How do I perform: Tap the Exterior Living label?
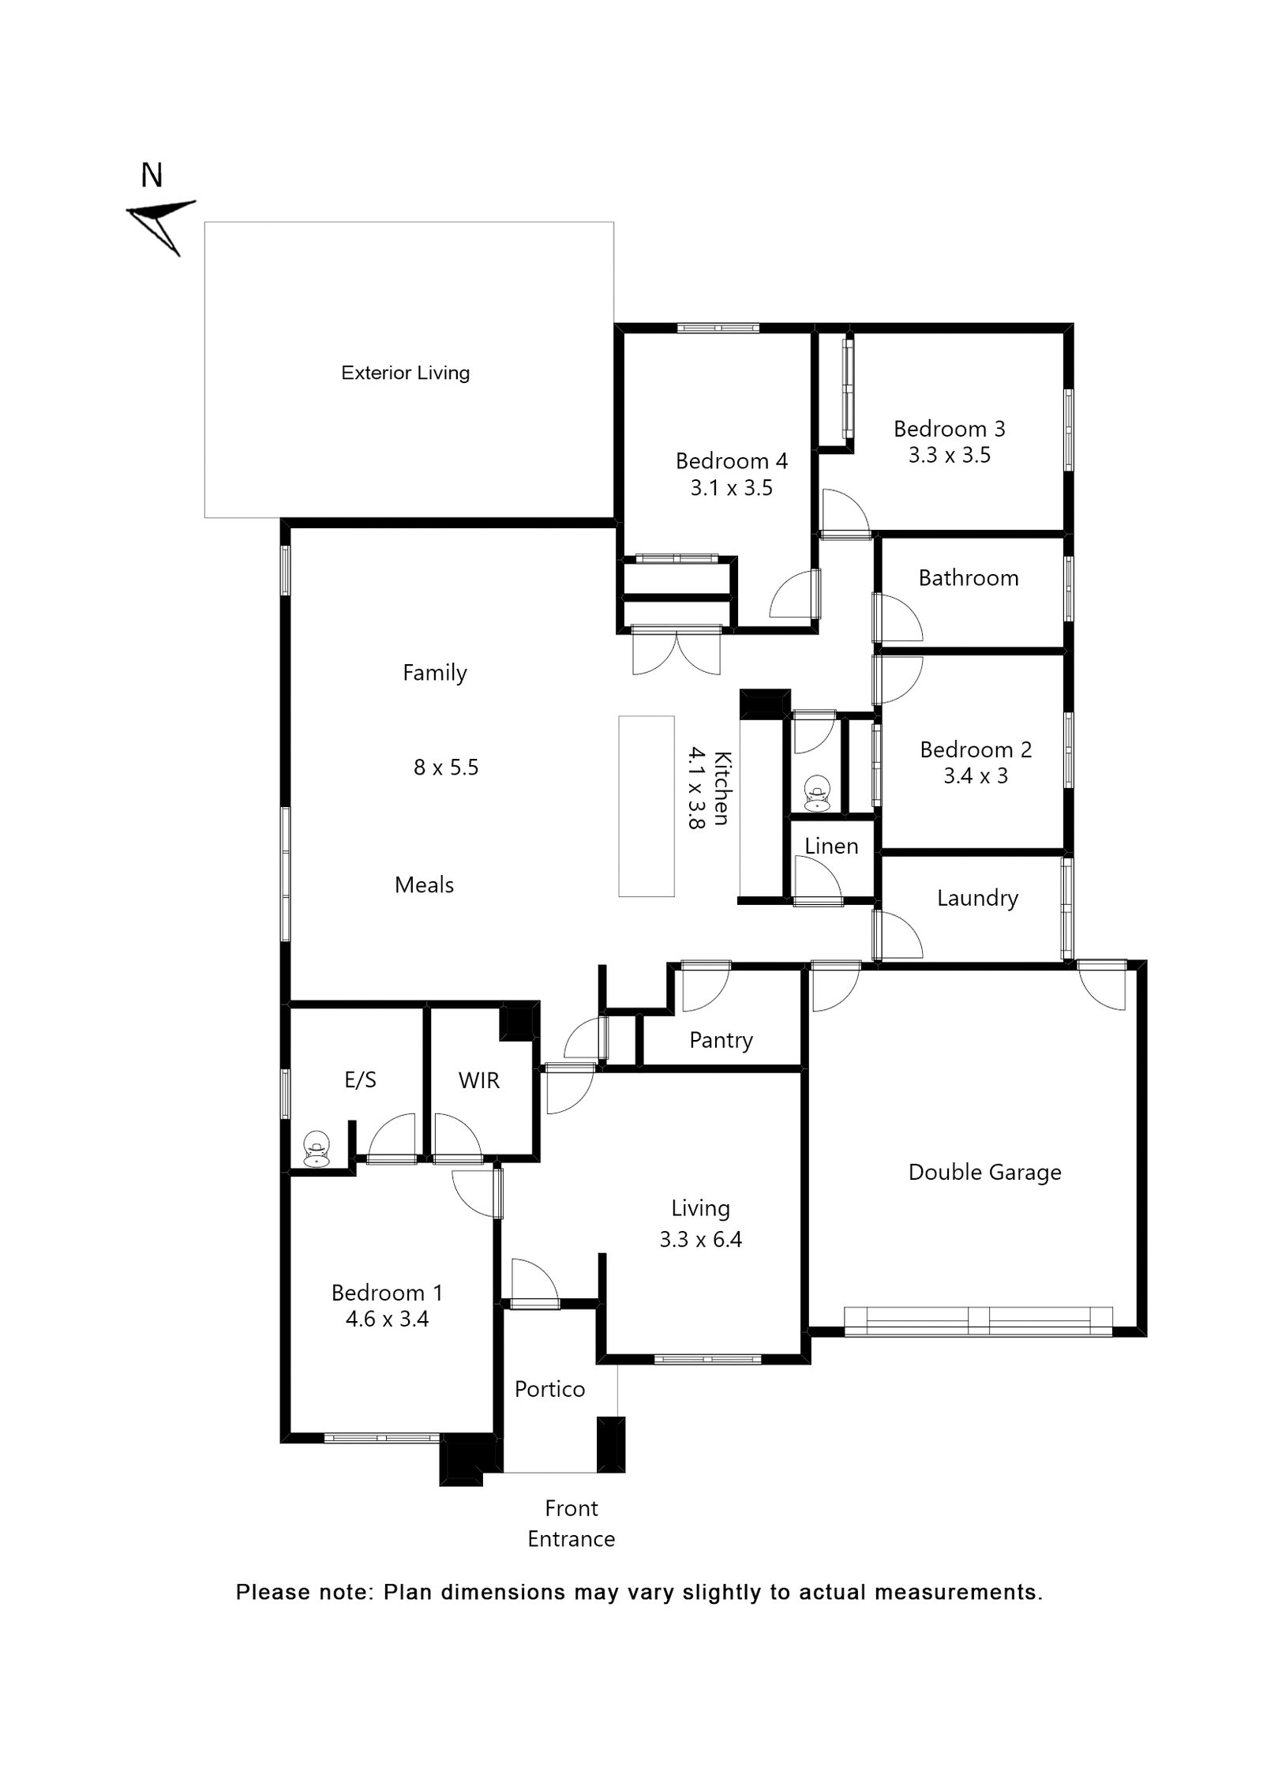pos(405,373)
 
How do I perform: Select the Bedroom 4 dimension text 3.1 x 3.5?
pos(731,488)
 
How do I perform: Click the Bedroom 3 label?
pos(949,429)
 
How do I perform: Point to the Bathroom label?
pos(968,578)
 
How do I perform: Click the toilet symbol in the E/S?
pos(316,1150)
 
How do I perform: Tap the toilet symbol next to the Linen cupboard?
pos(815,794)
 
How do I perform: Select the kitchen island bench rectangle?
pos(646,805)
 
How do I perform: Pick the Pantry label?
pos(721,1040)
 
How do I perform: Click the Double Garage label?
pos(984,1172)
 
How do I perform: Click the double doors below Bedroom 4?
pos(676,651)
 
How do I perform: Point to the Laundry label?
pos(977,898)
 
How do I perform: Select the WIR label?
pos(478,1080)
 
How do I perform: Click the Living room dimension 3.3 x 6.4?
pos(700,1239)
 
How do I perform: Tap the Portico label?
pos(549,1389)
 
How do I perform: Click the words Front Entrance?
pos(571,1523)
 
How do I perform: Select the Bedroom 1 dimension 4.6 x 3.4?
pos(387,1319)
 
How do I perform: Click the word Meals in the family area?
pos(424,884)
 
